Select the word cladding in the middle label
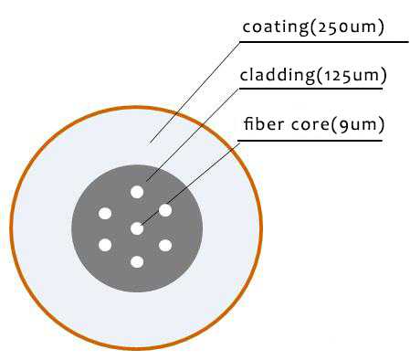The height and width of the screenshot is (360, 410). pos(275,75)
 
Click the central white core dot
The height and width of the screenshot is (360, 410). pos(137,228)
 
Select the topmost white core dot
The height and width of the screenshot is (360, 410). pos(137,192)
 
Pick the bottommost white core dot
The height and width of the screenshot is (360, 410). pos(137,262)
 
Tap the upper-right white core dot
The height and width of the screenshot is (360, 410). pos(165,210)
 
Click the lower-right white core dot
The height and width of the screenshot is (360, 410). pos(165,245)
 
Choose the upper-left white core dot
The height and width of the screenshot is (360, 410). pos(105,214)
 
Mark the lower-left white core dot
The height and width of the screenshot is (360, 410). pos(105,245)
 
